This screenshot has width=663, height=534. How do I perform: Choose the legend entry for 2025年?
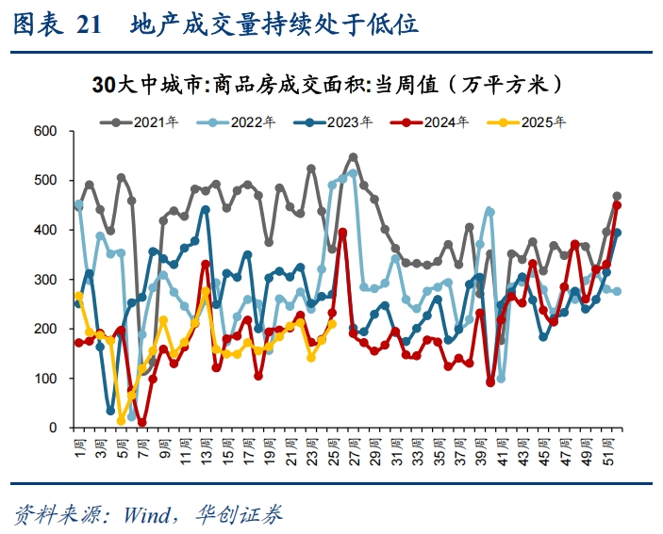(533, 121)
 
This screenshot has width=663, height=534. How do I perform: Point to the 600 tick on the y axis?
(46, 130)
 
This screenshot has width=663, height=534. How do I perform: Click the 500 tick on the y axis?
(46, 180)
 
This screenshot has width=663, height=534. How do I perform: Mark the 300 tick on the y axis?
(46, 280)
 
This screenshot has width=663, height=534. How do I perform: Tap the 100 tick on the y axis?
(46, 379)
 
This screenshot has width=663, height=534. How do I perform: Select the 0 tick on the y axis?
(55, 429)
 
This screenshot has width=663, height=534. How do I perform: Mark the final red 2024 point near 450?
(617, 204)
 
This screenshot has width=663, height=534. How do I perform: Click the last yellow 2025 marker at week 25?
(332, 324)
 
